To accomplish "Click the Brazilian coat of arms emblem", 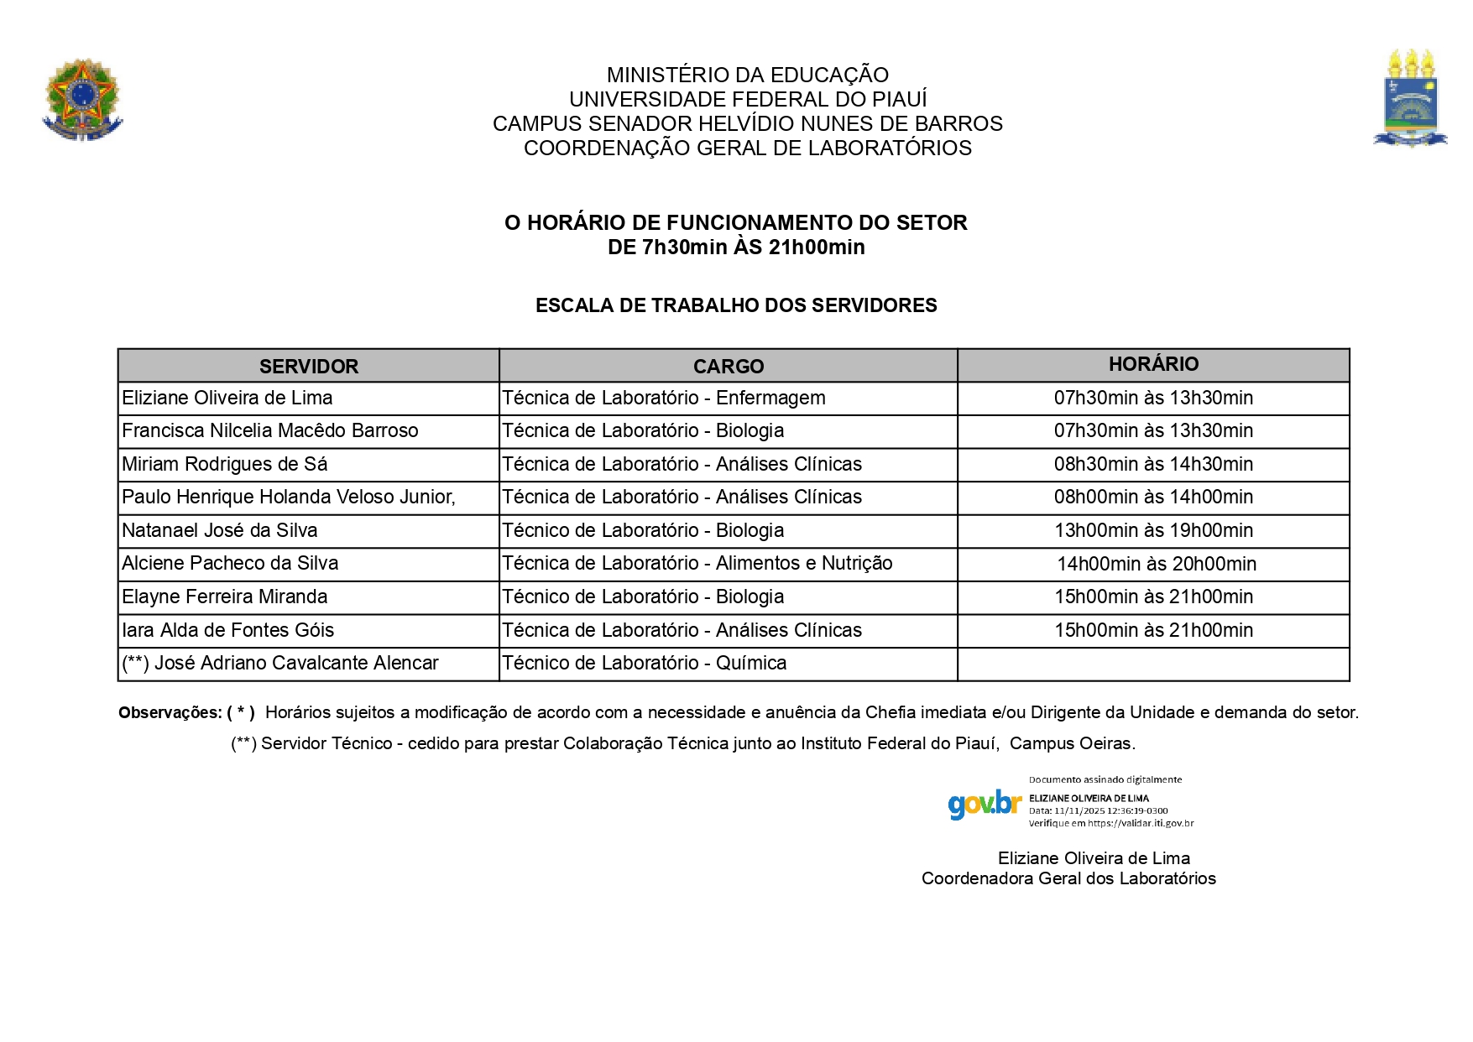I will (82, 99).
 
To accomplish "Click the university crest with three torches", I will (1410, 99).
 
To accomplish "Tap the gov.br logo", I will (984, 804).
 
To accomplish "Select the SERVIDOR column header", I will (308, 367).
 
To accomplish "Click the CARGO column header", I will (728, 367).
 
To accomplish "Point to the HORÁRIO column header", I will (1153, 364).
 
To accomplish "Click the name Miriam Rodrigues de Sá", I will (225, 464).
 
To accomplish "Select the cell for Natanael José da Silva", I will (220, 530).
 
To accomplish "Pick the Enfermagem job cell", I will (664, 398).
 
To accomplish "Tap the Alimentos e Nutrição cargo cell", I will (697, 563).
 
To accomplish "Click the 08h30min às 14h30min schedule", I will (1153, 464).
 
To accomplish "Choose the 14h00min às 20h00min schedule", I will (1156, 564).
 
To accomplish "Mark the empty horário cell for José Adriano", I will (1153, 664).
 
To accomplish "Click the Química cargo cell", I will (645, 663).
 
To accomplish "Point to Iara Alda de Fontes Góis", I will (227, 630).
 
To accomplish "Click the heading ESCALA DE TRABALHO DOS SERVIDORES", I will (736, 305).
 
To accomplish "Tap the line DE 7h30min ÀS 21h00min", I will (736, 247).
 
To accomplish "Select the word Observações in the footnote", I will (170, 713).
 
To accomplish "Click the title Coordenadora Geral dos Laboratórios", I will (1068, 878).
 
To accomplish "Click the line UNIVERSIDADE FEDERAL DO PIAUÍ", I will (748, 99).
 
